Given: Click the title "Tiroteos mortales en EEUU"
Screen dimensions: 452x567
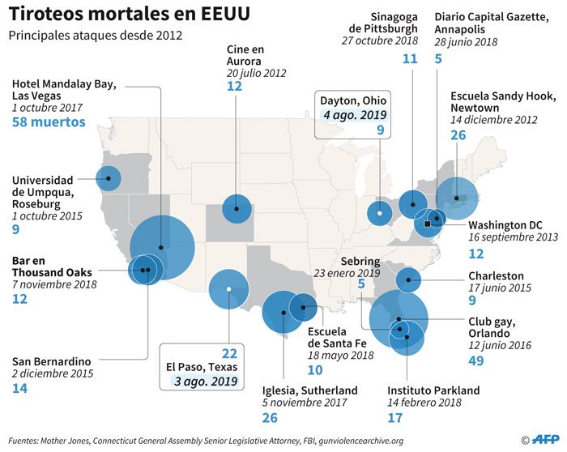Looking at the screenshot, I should coord(130,15).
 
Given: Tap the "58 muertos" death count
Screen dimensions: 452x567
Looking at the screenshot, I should coord(49,122).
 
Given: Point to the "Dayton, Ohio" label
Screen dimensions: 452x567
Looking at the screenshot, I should coord(354,100).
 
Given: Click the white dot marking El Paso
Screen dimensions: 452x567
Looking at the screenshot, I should coord(228,289).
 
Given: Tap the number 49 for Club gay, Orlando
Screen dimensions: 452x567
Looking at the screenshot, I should coord(478,360).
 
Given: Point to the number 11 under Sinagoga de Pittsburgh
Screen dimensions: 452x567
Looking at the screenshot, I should coord(410,58).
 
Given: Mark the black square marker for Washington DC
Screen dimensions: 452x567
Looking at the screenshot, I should coord(427,223).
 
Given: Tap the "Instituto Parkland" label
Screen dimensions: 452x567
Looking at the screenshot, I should coord(433,388).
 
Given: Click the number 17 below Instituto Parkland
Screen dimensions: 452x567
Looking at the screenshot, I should coord(395,418).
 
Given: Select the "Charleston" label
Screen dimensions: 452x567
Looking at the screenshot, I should coord(496,275).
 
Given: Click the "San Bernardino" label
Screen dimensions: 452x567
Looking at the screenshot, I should coord(51,360).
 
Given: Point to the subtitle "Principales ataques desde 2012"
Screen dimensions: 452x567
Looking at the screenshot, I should coord(96,36).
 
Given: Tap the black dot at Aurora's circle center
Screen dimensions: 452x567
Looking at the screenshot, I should coord(237,208).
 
